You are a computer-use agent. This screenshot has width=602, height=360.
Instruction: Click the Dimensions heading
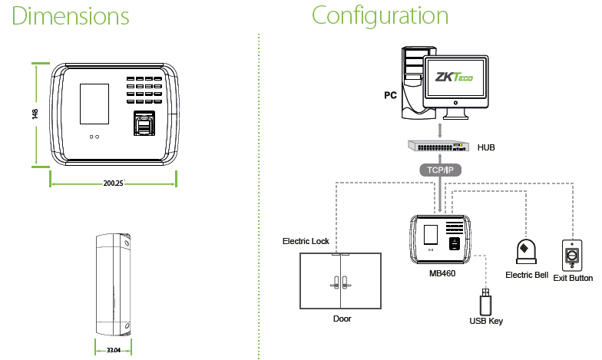[71, 17]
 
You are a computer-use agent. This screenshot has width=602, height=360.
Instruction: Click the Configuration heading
[380, 17]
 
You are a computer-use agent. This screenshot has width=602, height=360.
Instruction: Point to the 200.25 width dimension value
[114, 183]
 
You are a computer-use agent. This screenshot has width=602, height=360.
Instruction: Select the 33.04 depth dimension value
[114, 349]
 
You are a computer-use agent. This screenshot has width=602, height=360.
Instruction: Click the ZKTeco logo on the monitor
[453, 78]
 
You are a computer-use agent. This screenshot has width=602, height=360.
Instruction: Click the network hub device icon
[438, 145]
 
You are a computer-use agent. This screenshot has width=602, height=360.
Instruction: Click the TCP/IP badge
[439, 169]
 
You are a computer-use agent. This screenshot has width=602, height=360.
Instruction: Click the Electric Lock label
[306, 241]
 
